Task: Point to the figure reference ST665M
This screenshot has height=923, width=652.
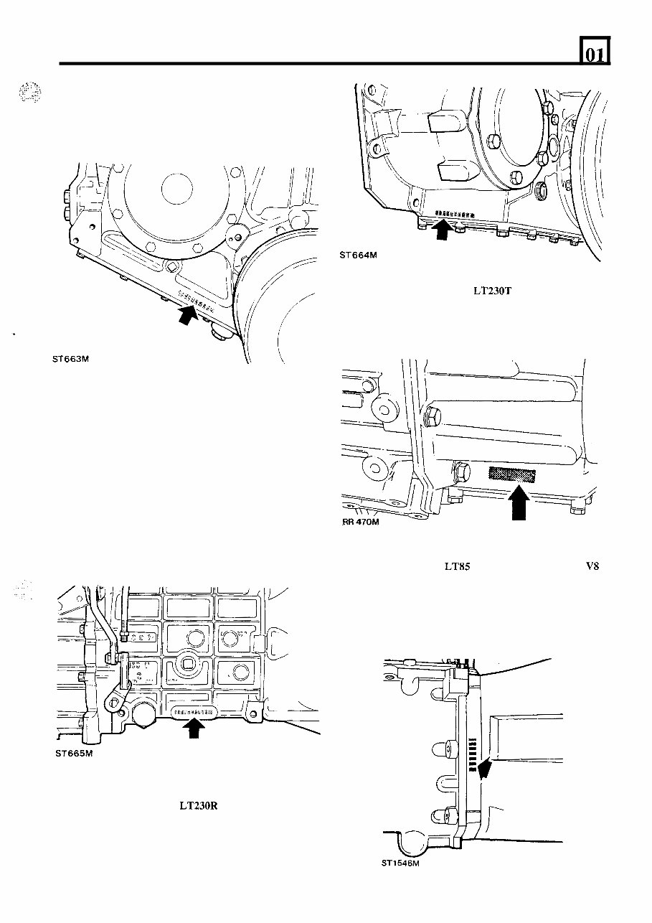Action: (75, 754)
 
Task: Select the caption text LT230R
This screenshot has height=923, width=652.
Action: (198, 805)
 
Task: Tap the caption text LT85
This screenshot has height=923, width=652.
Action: (457, 566)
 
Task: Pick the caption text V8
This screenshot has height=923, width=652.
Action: (592, 566)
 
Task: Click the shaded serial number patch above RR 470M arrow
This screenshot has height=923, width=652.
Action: (512, 474)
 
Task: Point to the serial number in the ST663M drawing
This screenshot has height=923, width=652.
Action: (189, 298)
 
